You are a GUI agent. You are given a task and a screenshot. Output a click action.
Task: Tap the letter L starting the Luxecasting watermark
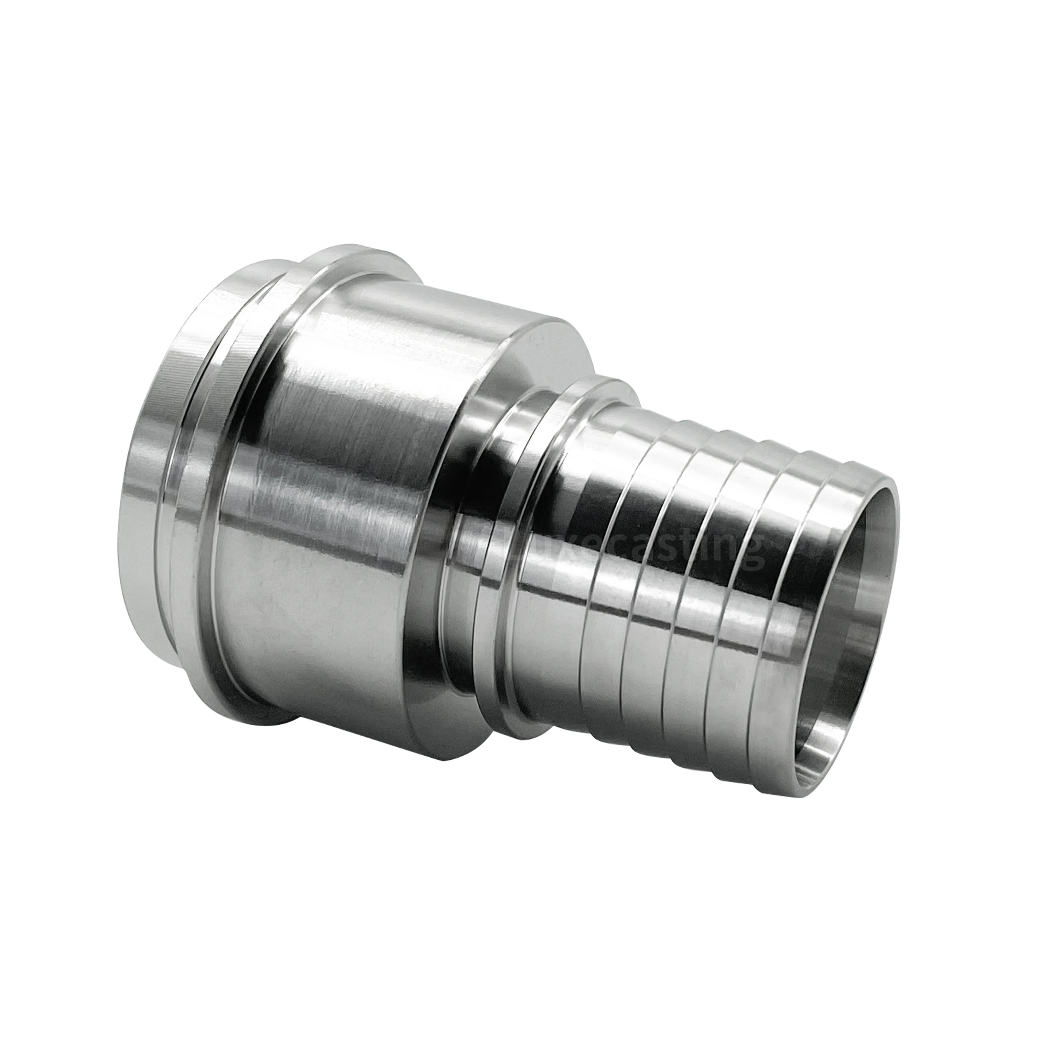point(485,544)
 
